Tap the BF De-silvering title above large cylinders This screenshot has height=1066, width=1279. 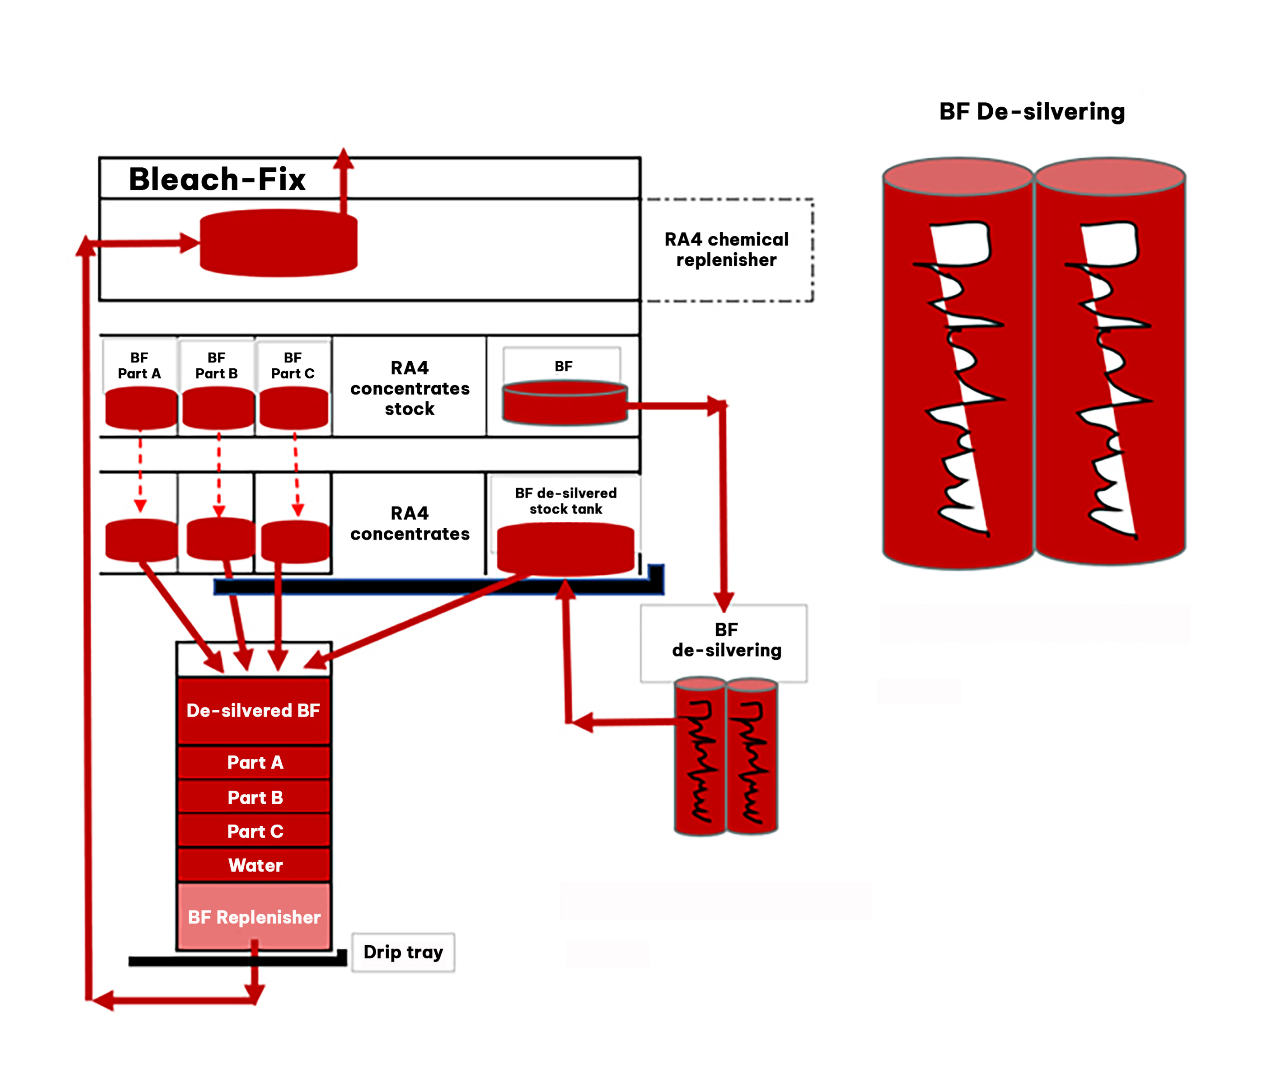click(1032, 112)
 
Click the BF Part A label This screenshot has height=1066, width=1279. click(139, 365)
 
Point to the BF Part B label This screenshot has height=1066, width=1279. click(216, 365)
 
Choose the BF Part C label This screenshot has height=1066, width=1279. click(293, 365)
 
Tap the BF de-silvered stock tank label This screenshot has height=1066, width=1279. click(566, 501)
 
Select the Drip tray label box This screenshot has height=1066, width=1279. click(403, 952)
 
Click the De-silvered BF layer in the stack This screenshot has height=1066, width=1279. click(253, 710)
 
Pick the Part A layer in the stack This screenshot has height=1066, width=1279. click(255, 762)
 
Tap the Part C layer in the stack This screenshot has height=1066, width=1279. click(255, 831)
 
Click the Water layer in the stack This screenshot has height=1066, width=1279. click(255, 865)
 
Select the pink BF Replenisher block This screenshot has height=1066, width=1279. click(254, 916)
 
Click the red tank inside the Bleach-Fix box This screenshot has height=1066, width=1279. click(278, 243)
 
